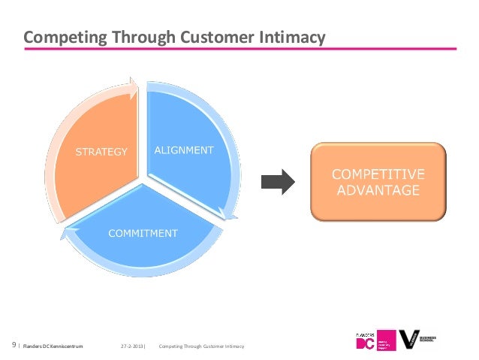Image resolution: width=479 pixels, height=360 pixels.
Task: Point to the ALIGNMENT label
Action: coord(184,150)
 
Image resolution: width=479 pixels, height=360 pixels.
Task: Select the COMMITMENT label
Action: coord(143,233)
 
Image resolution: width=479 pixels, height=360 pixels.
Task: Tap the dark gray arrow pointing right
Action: coord(279,180)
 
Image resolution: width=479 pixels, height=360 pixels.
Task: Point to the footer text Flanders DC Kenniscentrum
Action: coord(53,346)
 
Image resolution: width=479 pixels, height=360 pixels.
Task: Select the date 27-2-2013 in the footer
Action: coord(131,346)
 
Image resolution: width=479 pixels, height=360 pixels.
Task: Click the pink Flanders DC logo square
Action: coord(386,340)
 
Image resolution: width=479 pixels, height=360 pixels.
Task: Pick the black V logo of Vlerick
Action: coord(410,339)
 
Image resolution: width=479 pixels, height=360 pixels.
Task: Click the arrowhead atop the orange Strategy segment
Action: coord(133,86)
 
